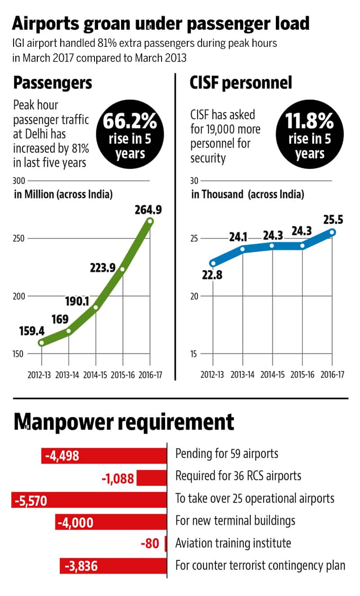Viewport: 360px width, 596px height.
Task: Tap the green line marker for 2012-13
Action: point(41,343)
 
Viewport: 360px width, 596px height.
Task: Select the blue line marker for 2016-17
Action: point(332,232)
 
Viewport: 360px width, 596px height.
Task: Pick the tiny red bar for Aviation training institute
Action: point(166,544)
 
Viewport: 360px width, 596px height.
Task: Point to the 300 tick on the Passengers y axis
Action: point(19,181)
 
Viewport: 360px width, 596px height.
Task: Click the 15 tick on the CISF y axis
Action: point(194,354)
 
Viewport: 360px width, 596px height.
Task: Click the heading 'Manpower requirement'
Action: point(124,422)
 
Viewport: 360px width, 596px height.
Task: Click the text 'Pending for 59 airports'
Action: point(227,453)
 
